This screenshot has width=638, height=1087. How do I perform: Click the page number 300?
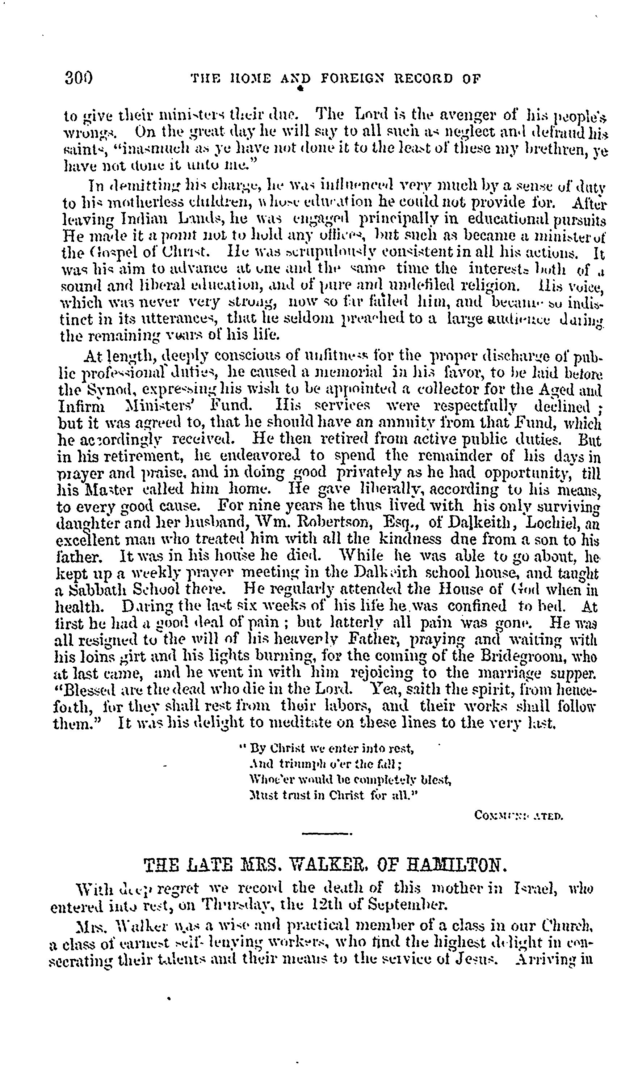79,78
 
